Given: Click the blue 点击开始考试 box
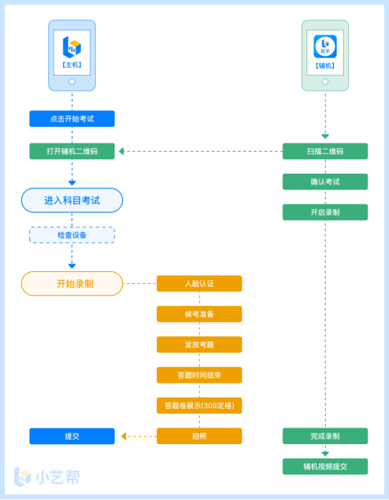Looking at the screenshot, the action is click(72, 119).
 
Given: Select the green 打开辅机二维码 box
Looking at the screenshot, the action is click(72, 151).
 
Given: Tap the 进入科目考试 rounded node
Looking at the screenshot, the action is click(72, 200).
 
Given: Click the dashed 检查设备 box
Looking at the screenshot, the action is click(72, 235).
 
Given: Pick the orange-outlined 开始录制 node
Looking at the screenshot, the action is click(72, 283).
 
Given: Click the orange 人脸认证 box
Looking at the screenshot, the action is click(199, 283).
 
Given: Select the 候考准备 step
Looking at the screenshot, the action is click(199, 314).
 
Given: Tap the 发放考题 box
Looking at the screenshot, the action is click(199, 344).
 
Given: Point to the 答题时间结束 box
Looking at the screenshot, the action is click(199, 375).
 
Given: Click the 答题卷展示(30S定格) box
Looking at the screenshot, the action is click(199, 406).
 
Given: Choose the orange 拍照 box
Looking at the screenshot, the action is click(199, 436).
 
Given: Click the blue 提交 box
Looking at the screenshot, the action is click(72, 436).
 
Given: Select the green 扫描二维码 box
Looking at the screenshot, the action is click(325, 151).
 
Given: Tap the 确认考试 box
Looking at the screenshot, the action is click(325, 182).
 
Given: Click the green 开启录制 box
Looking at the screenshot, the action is click(325, 212).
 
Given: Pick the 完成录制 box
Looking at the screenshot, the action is click(325, 436).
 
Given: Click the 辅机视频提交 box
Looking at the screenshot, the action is click(325, 467).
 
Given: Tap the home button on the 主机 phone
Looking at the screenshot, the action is click(72, 82).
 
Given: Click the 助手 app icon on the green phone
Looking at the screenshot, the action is click(325, 47).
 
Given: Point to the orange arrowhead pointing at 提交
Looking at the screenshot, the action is click(124, 436).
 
